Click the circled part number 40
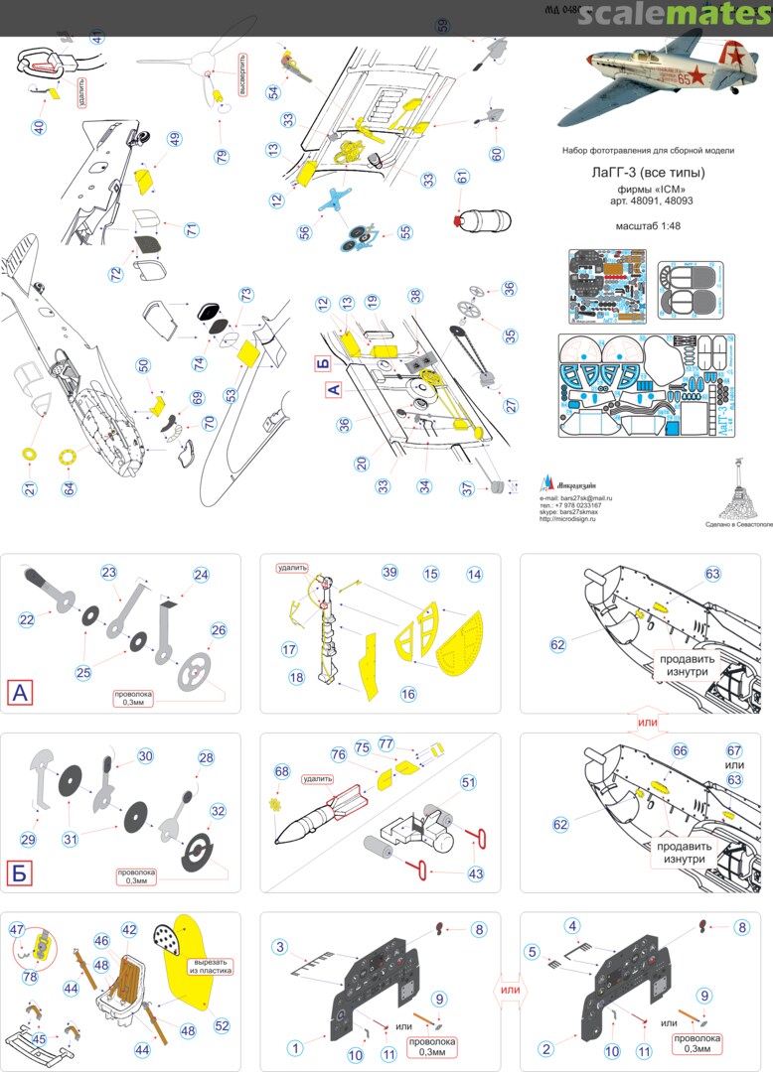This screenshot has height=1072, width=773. click(x=39, y=127)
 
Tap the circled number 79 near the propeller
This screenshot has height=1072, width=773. click(x=221, y=157)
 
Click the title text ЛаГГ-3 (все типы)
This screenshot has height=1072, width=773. click(x=647, y=170)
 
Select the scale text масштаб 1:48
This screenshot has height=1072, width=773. click(x=647, y=224)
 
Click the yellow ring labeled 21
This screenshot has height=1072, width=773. click(x=30, y=454)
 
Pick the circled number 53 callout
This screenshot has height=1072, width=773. click(x=232, y=396)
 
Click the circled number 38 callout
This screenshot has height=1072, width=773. click(x=415, y=295)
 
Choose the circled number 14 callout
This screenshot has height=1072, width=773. click(x=474, y=575)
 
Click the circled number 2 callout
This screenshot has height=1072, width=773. click(x=543, y=1047)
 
